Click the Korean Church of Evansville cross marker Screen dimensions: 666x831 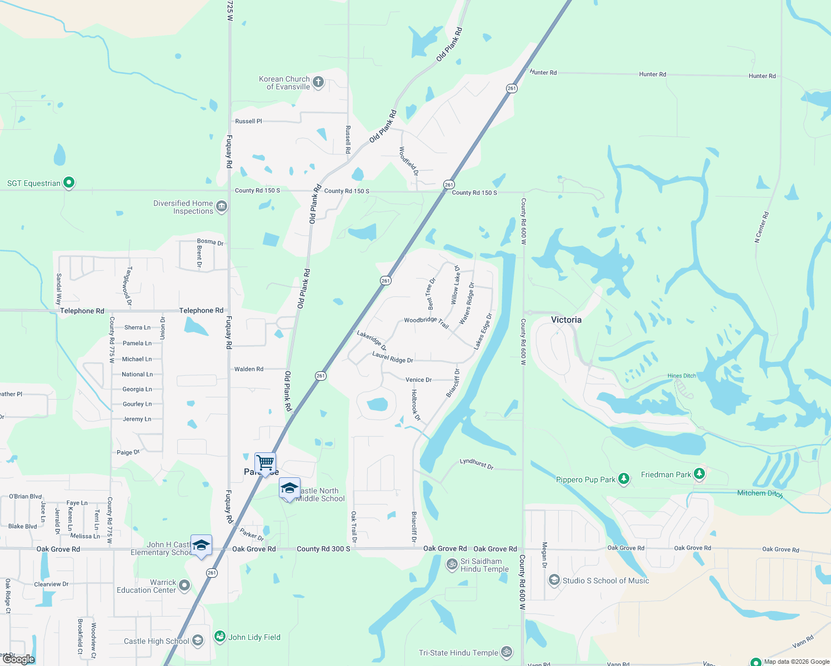(318, 83)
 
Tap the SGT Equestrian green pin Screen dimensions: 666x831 (69, 182)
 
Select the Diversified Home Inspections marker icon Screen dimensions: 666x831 (221, 207)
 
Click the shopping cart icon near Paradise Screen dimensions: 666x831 (266, 462)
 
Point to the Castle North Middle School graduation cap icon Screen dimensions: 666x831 (289, 488)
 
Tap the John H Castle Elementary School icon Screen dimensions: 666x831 (201, 545)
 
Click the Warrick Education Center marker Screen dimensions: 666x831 (184, 585)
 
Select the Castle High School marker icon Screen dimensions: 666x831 (197, 641)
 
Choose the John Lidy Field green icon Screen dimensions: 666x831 (220, 636)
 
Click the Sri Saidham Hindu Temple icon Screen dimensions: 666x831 (452, 564)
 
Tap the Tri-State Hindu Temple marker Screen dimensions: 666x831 (506, 652)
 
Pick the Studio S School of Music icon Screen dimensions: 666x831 (554, 580)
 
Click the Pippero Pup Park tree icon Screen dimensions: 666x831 (624, 478)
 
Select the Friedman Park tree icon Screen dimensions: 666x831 (699, 473)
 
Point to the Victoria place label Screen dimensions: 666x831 (566, 320)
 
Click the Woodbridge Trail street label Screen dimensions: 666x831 (426, 321)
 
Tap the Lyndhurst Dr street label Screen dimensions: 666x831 (477, 464)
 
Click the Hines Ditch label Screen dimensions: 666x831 (682, 376)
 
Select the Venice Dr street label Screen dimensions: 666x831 (418, 380)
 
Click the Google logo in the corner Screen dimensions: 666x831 (19, 659)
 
